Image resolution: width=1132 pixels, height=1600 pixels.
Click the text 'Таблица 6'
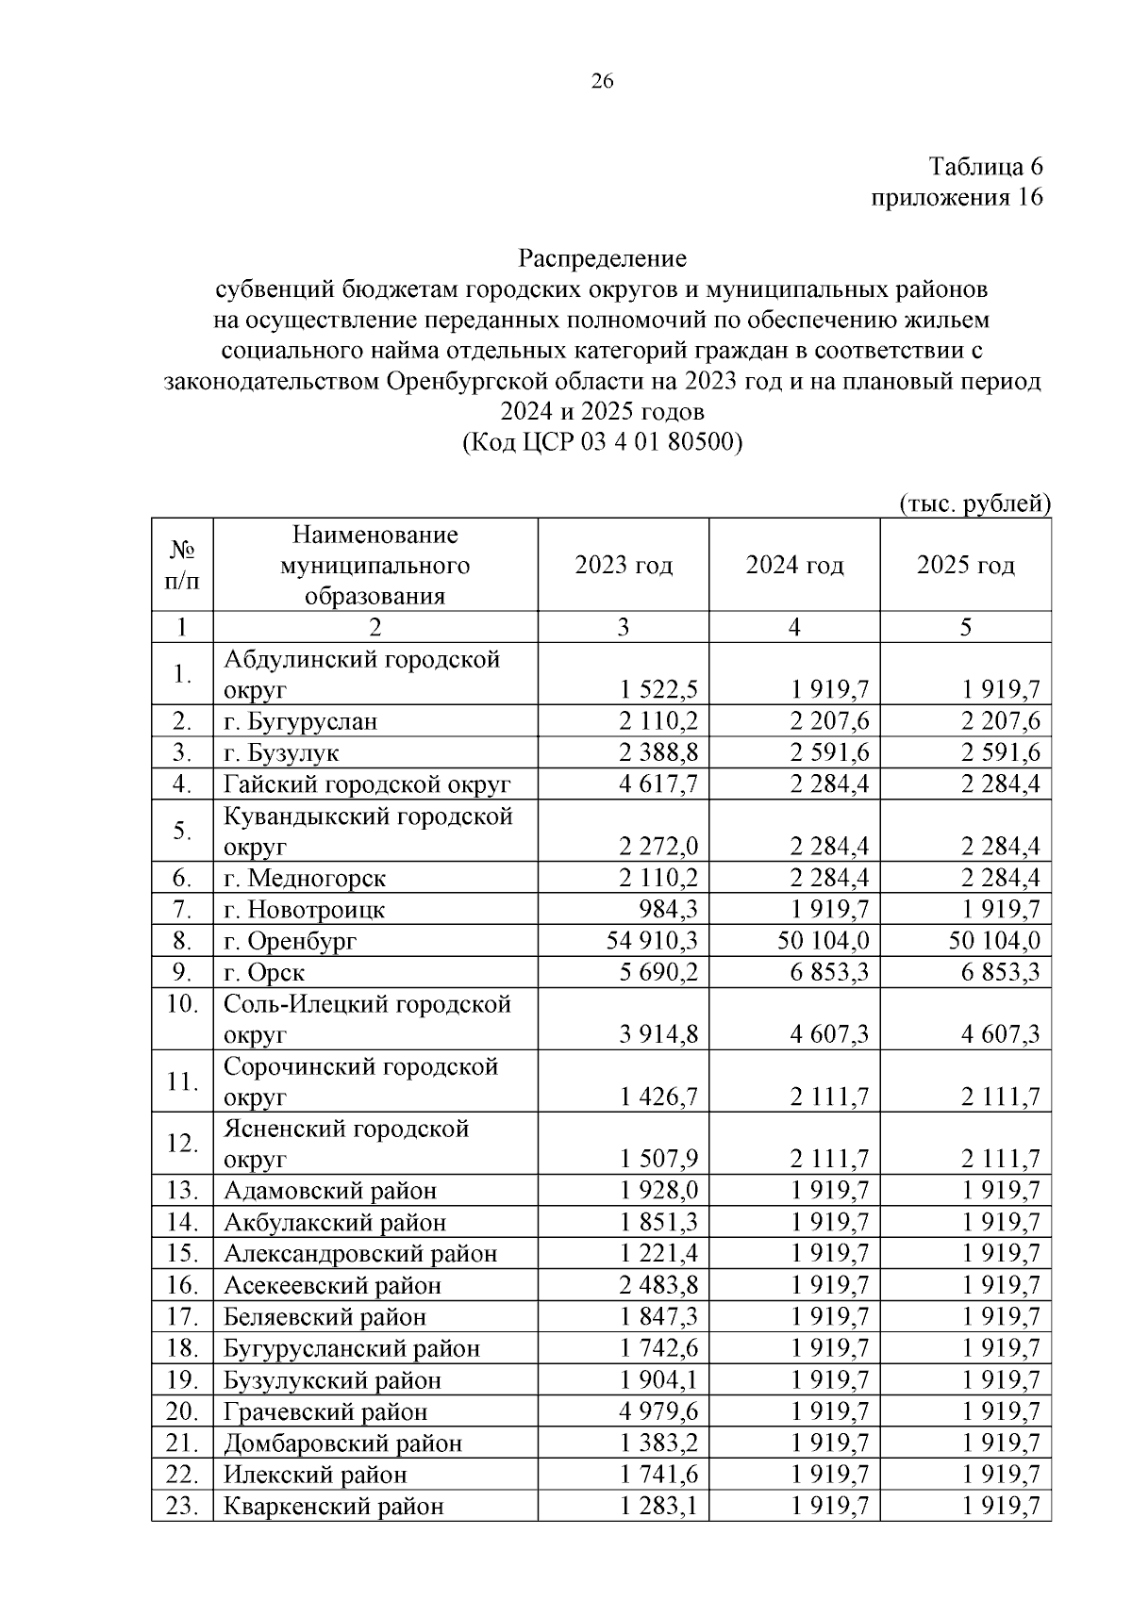point(986,167)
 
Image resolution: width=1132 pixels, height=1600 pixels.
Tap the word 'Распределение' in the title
point(603,258)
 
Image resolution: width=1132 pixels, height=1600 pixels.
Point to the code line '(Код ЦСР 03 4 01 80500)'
point(603,442)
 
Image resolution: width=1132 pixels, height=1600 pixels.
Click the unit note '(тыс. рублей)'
point(974,503)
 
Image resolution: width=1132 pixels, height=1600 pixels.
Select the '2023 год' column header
point(624,566)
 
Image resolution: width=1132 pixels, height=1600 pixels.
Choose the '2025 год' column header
point(965,566)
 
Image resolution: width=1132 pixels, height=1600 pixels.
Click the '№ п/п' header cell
point(182,566)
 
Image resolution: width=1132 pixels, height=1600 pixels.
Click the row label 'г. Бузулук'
point(281,753)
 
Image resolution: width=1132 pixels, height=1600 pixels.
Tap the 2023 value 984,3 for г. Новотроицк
point(671,910)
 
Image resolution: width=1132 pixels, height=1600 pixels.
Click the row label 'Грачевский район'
point(325,1411)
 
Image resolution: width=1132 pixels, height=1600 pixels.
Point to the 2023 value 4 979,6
point(659,1411)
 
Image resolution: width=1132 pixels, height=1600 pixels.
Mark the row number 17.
point(181,1317)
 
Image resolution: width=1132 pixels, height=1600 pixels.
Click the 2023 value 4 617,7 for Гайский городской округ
point(659,784)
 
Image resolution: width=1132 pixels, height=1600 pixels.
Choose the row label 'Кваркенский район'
point(333,1506)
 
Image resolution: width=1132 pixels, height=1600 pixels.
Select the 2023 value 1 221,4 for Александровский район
point(659,1254)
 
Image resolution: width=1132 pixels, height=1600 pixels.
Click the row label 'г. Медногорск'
point(305,879)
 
